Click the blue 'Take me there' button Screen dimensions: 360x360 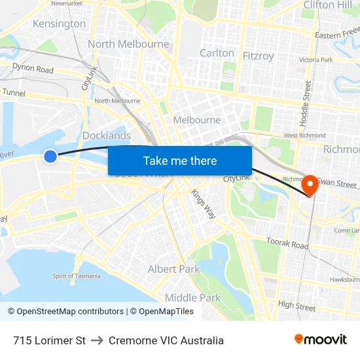pos(180,160)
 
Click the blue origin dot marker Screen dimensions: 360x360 pos(50,156)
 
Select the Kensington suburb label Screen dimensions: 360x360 pos(59,24)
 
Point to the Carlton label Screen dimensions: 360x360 pos(217,53)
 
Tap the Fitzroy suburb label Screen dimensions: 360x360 pos(258,56)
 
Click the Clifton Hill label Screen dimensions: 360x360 pos(327,5)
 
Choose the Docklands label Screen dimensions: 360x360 pos(107,135)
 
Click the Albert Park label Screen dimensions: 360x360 pos(173,269)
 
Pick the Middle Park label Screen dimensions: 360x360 pos(192,298)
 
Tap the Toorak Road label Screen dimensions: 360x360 pos(287,243)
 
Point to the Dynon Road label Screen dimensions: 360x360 pos(33,69)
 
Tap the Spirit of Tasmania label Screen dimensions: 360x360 pos(77,276)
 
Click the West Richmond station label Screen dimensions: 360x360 pos(304,135)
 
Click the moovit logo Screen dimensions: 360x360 pos(321,340)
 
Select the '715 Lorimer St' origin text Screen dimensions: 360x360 pos(49,340)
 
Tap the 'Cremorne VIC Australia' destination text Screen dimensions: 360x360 pos(166,340)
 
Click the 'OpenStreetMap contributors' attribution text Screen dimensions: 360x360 pos(70,312)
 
